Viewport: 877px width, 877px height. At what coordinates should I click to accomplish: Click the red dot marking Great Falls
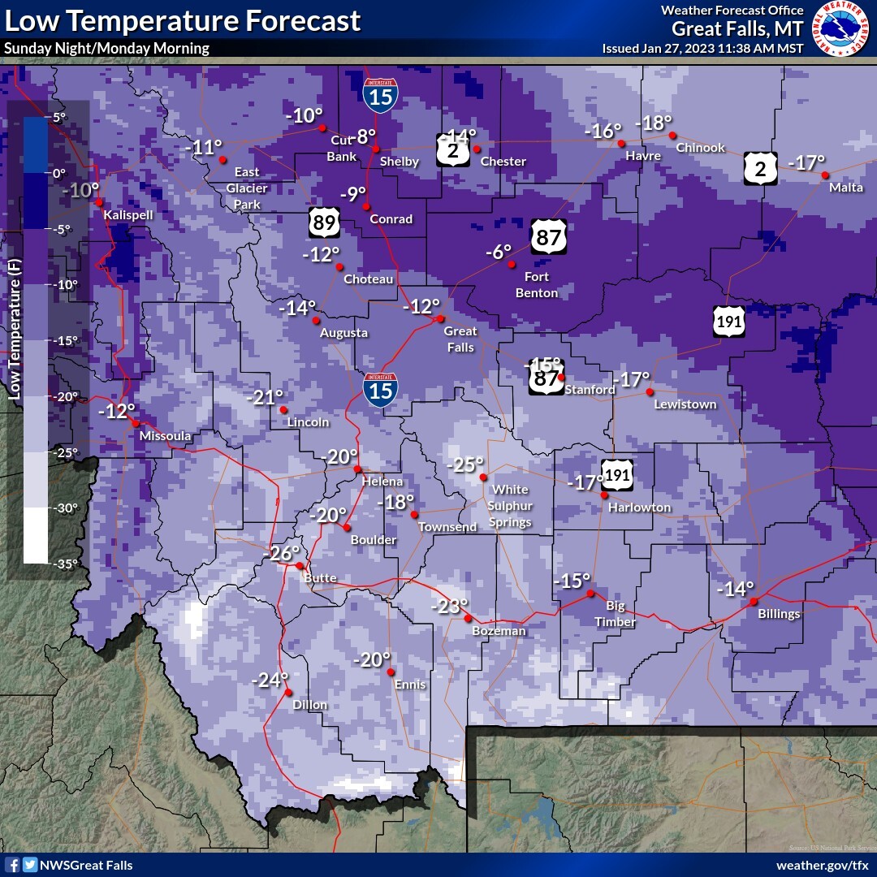440,318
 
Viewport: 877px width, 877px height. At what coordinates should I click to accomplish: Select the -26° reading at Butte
281,554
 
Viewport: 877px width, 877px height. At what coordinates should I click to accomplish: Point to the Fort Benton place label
537,285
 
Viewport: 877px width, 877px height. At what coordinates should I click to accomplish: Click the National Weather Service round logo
840,28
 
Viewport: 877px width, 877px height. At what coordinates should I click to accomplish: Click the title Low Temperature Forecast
182,20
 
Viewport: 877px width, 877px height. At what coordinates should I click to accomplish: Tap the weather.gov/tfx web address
822,866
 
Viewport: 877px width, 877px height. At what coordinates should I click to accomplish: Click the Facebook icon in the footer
12,866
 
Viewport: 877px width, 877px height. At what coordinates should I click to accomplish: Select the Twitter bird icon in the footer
30,866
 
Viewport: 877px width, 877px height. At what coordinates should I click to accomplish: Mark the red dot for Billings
754,602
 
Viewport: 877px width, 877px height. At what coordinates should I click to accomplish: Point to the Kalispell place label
128,215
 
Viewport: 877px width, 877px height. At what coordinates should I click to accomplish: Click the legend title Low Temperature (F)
14,330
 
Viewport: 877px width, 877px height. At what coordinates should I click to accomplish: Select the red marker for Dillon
288,692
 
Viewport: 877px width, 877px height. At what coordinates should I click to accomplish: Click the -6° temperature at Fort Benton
499,252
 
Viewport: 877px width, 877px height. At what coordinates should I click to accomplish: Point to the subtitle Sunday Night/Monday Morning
106,49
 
